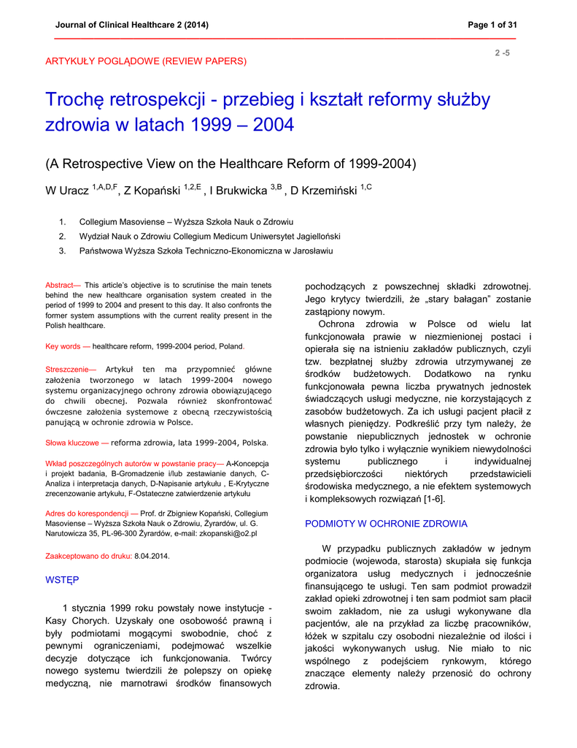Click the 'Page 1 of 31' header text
pos(492,25)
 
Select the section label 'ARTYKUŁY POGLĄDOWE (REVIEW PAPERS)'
pos(146,61)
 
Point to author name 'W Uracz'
pos(68,191)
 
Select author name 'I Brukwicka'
pos(239,191)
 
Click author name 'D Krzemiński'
pos(324,191)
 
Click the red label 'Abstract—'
pos(63,285)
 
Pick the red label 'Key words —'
pos(68,346)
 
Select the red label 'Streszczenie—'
pos(71,370)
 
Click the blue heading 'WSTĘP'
pos(62,579)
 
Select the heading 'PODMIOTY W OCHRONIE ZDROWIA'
pos(386,524)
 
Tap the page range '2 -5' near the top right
pos(503,53)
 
